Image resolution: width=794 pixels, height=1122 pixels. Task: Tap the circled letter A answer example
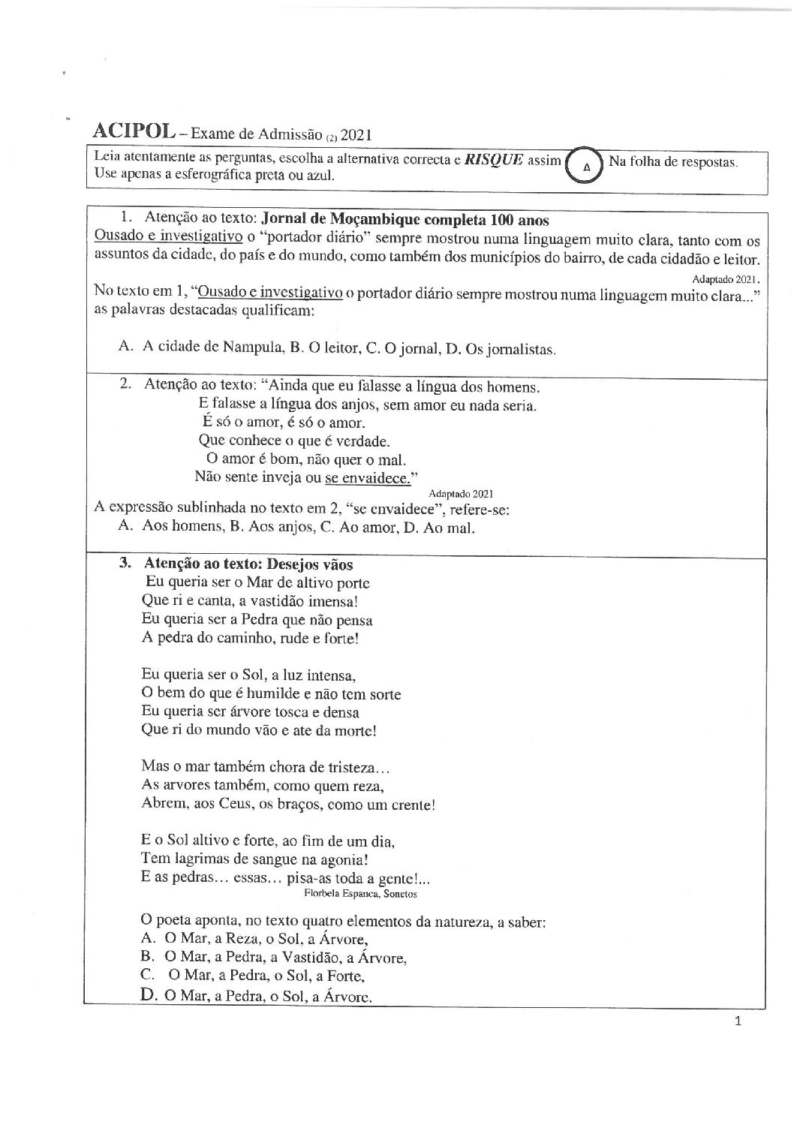tap(586, 166)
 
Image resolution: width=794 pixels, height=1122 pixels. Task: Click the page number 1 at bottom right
tap(738, 1021)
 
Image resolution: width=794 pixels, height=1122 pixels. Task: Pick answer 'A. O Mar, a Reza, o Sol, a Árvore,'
tap(253, 939)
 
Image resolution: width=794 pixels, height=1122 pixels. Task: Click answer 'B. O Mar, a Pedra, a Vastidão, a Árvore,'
tap(273, 958)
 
